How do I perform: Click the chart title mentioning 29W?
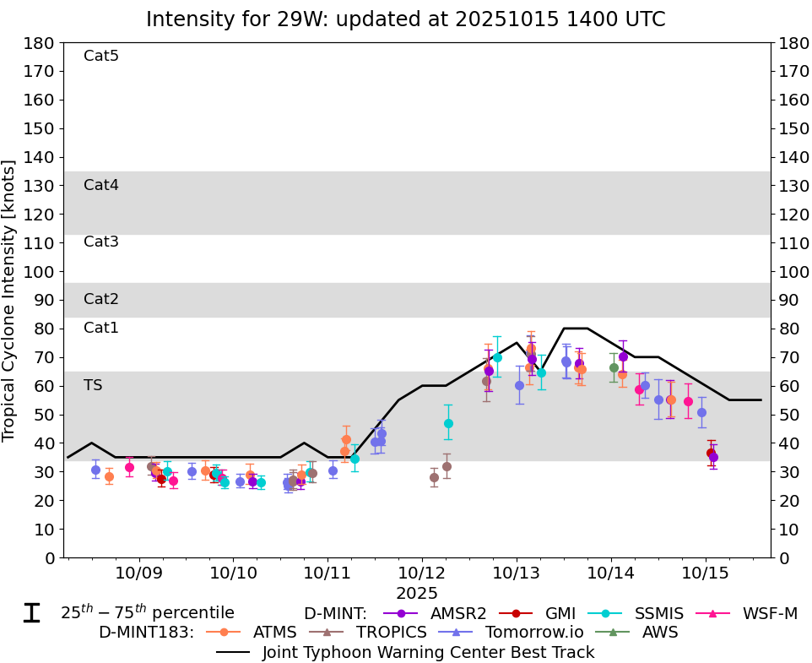pos(405,19)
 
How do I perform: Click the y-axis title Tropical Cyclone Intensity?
pos(10,300)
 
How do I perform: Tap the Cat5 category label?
pos(101,56)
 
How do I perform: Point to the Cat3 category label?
pos(101,242)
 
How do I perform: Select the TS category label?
pos(93,385)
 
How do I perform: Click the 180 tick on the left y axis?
pos(41,42)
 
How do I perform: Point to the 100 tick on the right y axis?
pos(792,271)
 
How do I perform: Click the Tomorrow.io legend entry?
pos(533,632)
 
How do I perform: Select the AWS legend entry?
pos(662,632)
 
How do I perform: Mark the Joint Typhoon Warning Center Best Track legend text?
pos(428,652)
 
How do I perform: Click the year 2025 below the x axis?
pos(417,594)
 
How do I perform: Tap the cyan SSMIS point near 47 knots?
pos(448,423)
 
